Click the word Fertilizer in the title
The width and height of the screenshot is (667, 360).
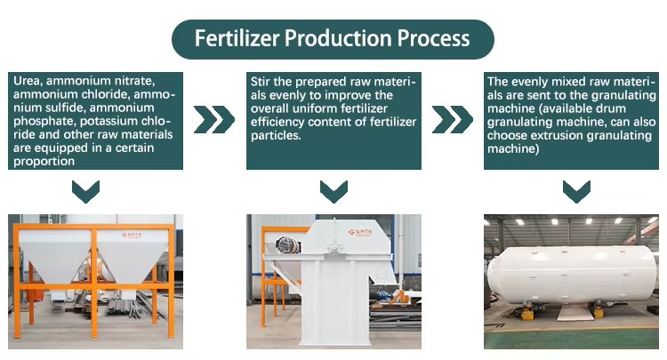237,38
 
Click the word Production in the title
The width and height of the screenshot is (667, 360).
339,38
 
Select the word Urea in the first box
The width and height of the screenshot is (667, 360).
28,81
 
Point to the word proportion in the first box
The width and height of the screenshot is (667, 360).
44,161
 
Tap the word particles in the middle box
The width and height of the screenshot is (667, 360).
276,135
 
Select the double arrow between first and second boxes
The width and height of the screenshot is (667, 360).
214,119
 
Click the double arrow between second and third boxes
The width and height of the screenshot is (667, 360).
452,119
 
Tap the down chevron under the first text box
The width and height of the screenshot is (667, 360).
86,192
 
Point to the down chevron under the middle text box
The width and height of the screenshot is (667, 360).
333,192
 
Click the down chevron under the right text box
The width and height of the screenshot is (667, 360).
576,192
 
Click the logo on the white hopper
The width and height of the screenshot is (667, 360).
132,235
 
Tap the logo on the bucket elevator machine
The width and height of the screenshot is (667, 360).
360,232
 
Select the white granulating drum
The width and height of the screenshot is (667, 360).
571,273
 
